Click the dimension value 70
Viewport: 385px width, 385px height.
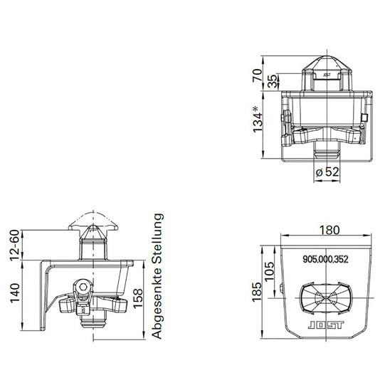point(257,74)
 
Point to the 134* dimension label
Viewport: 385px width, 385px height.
point(258,118)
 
